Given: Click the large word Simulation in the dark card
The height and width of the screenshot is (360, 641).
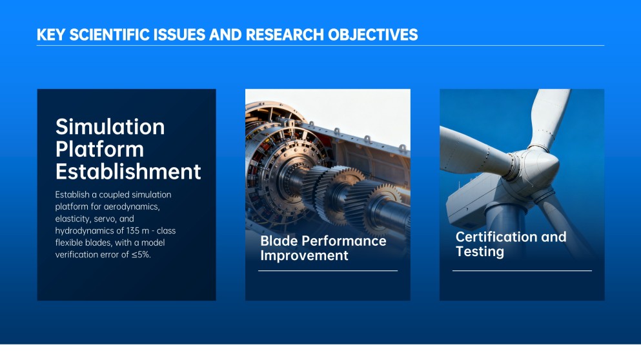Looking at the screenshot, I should click(110, 126).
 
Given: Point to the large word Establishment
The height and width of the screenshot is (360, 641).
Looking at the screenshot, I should click(128, 172).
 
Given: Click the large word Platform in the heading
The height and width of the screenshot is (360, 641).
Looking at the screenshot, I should click(99, 149).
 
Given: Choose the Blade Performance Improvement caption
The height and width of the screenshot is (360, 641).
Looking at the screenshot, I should click(323, 248).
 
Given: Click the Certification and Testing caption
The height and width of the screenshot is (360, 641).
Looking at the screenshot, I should click(511, 244).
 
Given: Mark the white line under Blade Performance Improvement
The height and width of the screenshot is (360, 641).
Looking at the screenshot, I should click(327, 271).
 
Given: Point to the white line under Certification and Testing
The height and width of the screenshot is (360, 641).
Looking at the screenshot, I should click(522, 271).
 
